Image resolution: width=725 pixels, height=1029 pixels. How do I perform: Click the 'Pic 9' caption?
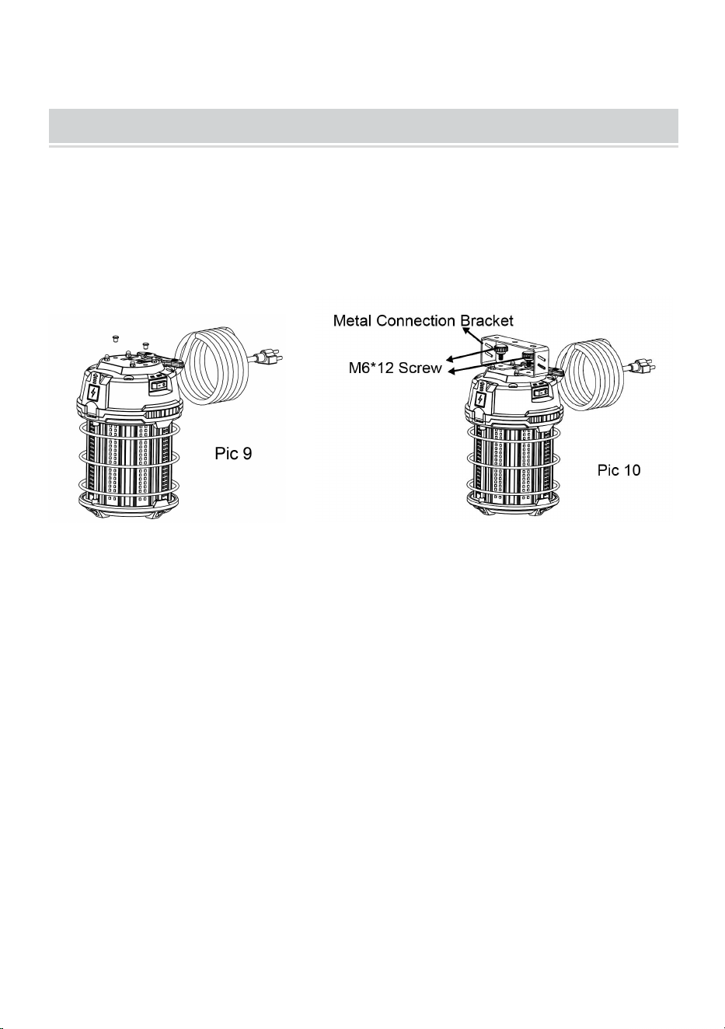(x=233, y=454)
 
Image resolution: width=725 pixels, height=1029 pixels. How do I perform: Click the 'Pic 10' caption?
(x=619, y=470)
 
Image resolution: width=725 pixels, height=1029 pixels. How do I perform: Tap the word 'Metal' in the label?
(x=352, y=320)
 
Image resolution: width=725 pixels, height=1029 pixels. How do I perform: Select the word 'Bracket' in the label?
(x=487, y=320)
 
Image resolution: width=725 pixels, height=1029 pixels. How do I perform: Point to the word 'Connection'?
(x=417, y=320)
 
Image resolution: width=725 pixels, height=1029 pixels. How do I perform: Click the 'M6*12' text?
(x=371, y=368)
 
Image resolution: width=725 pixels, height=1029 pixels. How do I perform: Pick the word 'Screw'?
(x=420, y=368)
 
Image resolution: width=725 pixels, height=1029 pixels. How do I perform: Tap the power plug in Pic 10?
(x=643, y=366)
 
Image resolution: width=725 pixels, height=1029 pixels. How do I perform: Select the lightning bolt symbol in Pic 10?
(x=480, y=398)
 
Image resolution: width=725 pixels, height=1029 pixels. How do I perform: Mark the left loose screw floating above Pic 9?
(x=115, y=339)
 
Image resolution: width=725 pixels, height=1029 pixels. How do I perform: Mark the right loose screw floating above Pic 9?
(x=146, y=344)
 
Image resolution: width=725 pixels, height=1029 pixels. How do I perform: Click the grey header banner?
(x=364, y=126)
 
